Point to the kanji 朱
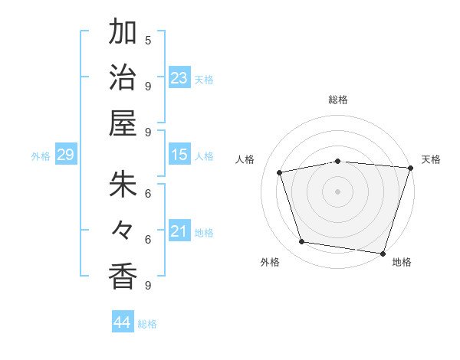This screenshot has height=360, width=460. (123, 184)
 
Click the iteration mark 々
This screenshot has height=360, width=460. (123, 230)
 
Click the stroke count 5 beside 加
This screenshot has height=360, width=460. (148, 40)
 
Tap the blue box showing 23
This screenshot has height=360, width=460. (179, 77)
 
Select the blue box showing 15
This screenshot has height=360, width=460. (179, 155)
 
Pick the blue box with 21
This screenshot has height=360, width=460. (179, 231)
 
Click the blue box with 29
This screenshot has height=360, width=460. (65, 155)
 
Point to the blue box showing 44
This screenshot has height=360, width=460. (123, 322)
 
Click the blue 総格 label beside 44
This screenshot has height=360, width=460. (147, 324)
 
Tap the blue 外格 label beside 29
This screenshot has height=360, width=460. (41, 156)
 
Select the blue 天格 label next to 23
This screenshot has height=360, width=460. (204, 79)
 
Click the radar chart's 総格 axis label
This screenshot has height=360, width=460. (338, 100)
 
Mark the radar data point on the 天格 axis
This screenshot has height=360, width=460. (410, 168)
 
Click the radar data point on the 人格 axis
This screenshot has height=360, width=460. (280, 172)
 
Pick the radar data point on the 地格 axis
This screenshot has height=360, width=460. (383, 253)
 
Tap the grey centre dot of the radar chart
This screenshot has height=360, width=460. (338, 191)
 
